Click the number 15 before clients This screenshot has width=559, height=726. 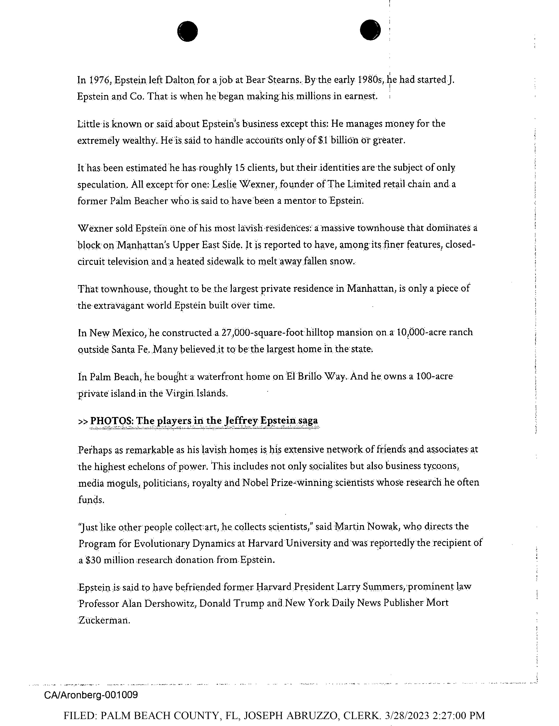coord(240,167)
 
